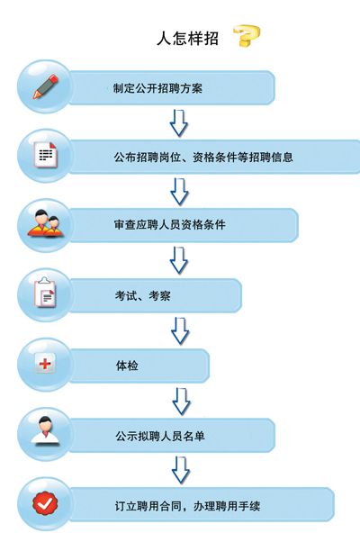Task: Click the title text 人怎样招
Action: (187, 38)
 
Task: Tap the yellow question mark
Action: (247, 35)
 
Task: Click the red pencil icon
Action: (45, 86)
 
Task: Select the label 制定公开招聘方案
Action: (157, 88)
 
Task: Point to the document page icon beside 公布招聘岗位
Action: (46, 155)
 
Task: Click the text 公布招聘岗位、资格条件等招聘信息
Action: (203, 157)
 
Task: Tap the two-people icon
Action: (46, 223)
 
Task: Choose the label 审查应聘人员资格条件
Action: (169, 225)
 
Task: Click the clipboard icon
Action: (45, 293)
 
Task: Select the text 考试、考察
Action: (142, 295)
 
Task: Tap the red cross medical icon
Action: (45, 363)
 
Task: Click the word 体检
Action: (127, 366)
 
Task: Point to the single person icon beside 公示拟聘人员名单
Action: (45, 431)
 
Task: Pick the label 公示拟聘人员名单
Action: (160, 436)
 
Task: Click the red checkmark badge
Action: (45, 503)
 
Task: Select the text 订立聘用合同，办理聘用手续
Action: (187, 506)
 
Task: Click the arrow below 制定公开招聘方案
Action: (179, 123)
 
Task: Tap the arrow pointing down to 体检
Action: (180, 331)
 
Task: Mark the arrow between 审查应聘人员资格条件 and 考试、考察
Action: (179, 260)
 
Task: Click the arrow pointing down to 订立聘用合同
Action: (181, 470)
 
